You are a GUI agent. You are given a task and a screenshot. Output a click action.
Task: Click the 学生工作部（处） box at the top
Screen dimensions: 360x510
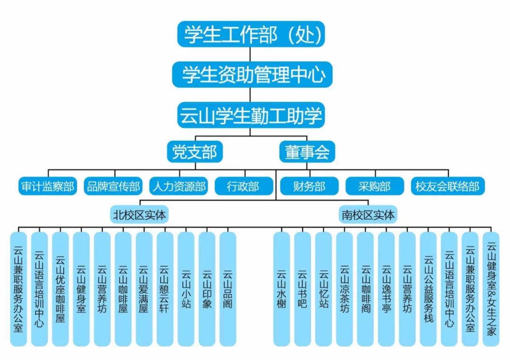point(251,34)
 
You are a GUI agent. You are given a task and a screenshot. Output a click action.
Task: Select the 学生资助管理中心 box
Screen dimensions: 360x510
point(251,75)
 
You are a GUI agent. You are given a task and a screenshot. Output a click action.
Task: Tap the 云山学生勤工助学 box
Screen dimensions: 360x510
point(251,115)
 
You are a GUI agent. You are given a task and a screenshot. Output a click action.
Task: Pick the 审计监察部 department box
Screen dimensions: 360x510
point(48,186)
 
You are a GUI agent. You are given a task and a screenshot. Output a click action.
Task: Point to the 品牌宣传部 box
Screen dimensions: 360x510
point(113,186)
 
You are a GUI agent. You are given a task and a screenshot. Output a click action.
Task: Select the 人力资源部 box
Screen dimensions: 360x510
point(179,186)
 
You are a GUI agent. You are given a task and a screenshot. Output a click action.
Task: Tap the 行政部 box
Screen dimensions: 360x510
point(243,186)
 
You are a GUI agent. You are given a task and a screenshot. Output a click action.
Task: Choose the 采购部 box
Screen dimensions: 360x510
point(374,186)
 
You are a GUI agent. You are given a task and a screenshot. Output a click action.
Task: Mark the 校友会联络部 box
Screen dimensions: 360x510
point(447,186)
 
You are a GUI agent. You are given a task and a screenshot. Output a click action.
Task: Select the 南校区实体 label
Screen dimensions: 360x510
point(368,215)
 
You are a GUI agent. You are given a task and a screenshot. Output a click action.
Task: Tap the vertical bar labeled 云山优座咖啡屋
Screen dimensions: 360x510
point(60,289)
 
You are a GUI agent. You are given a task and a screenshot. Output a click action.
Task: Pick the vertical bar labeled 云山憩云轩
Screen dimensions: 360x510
point(165,289)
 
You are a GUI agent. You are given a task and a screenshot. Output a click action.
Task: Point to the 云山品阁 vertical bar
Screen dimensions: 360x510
point(228,289)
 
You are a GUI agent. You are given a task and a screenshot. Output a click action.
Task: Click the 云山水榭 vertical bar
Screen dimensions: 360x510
point(282,289)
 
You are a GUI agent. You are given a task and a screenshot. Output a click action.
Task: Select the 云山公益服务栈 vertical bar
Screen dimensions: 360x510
point(428,289)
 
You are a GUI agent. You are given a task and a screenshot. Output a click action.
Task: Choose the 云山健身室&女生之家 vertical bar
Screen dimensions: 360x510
point(491,289)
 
